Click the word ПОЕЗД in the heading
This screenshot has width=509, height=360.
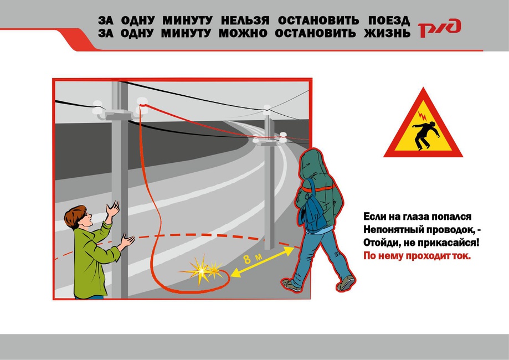389,20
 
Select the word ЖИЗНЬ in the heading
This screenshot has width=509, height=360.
387,33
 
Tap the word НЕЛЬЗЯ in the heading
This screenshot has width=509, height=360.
245,20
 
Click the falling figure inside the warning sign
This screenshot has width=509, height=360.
426,135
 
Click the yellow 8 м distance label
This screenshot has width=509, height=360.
252,259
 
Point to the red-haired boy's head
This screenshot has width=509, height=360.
78,217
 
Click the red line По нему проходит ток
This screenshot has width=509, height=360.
417,256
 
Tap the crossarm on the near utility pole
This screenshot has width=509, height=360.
119,114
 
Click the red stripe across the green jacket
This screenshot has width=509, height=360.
318,189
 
